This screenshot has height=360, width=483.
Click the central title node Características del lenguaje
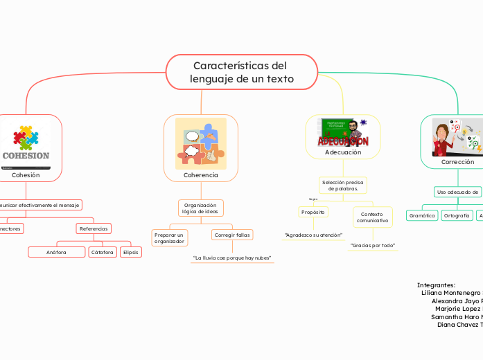tap(242, 73)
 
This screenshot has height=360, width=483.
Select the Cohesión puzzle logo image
tap(26, 143)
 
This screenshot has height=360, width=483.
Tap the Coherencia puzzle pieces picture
tap(201, 143)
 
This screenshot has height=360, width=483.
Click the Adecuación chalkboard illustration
tap(344, 132)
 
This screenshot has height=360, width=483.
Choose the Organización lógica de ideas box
tap(201, 208)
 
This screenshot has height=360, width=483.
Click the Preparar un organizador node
tap(169, 238)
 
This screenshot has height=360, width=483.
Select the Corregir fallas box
tap(232, 235)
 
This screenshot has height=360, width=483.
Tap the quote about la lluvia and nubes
tap(232, 258)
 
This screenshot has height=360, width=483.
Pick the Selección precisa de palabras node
tap(342, 185)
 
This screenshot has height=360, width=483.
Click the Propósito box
tap(313, 212)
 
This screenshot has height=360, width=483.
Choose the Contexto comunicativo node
tap(372, 217)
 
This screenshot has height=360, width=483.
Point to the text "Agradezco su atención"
tap(313, 235)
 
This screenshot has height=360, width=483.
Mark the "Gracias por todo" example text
tap(372, 246)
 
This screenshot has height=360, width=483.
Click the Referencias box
tap(94, 228)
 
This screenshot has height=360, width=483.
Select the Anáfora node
tap(56, 252)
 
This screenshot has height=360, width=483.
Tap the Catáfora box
tap(103, 252)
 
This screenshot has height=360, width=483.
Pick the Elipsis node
tap(131, 252)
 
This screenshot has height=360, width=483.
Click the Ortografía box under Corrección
tap(457, 216)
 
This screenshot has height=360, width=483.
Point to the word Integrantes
tap(436, 285)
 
